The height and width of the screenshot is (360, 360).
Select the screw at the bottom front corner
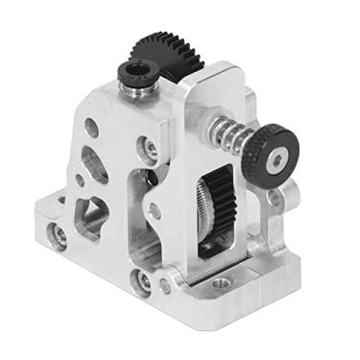coord(144,280)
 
